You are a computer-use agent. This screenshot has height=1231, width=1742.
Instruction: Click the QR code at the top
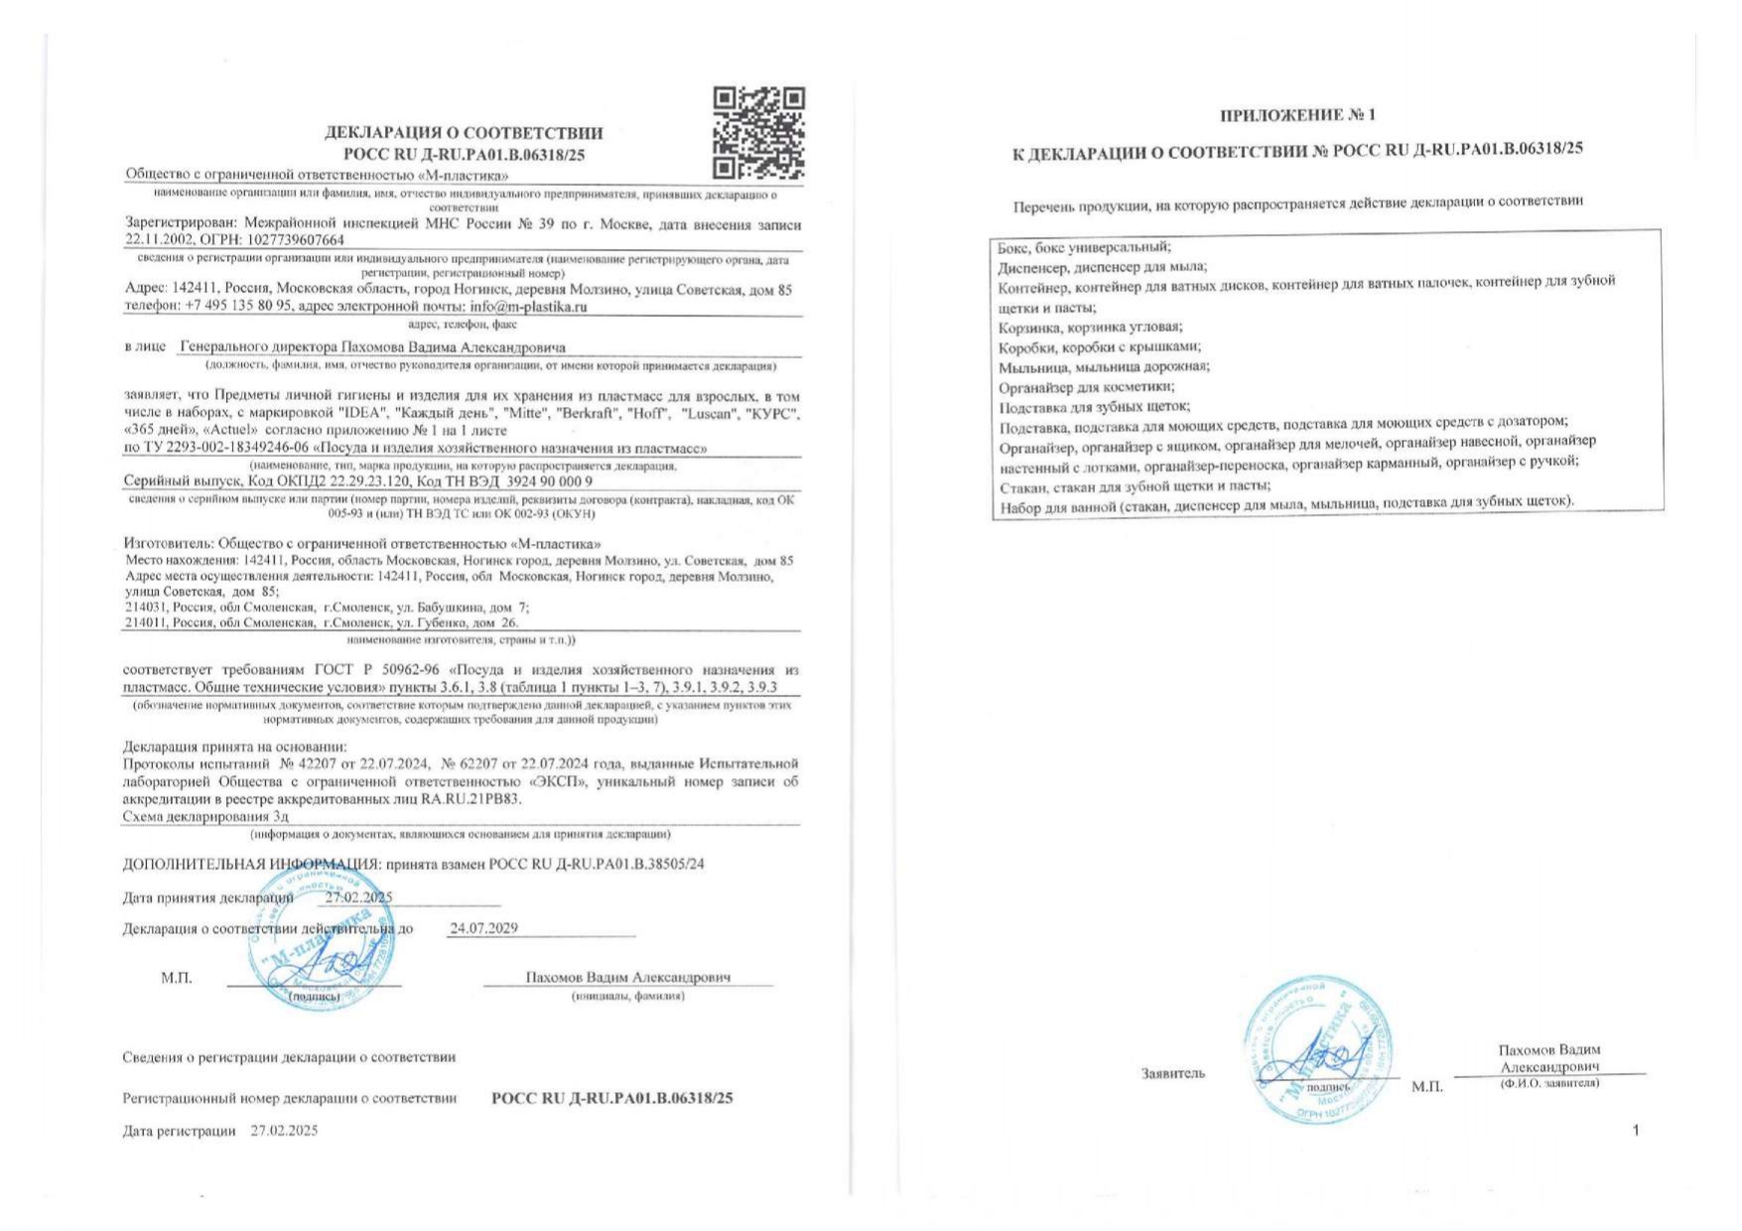point(758,132)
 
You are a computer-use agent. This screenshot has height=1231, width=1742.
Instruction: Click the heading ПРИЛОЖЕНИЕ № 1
point(1297,115)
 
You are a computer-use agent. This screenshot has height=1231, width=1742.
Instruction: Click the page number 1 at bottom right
point(1636,1130)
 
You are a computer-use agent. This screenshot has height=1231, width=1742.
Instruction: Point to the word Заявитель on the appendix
point(1173,1073)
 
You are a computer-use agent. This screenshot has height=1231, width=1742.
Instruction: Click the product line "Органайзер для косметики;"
point(1086,387)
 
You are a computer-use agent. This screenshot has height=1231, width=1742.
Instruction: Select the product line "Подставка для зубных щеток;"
point(1094,406)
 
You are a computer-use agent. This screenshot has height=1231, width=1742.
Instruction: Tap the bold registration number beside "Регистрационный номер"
point(611,1098)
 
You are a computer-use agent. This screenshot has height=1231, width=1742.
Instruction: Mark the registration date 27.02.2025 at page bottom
point(284,1131)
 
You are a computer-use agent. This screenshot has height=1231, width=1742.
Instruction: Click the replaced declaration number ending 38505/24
point(597,864)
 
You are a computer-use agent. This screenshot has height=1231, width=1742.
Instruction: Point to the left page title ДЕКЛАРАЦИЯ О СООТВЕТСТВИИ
point(464,133)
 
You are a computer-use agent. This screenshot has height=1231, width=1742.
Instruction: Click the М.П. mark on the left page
point(177,978)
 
